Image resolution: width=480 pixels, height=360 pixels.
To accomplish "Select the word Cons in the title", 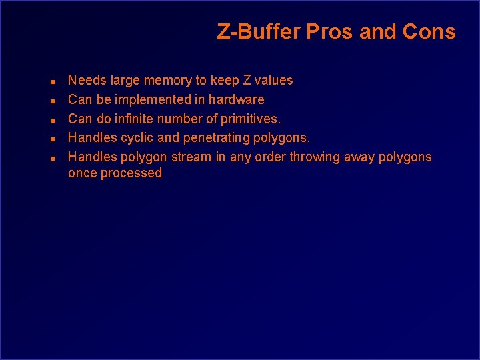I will [x=430, y=32].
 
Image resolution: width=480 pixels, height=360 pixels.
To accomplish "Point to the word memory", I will [x=167, y=81].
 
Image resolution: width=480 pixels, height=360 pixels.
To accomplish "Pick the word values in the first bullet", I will [x=274, y=81].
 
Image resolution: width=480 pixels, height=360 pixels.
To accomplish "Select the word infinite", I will [x=133, y=119].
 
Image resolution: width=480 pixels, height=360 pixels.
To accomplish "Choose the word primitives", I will [x=251, y=119].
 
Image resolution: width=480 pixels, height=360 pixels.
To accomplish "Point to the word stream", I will [x=193, y=157].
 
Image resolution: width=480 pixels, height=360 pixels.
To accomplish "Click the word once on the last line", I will [x=82, y=173].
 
